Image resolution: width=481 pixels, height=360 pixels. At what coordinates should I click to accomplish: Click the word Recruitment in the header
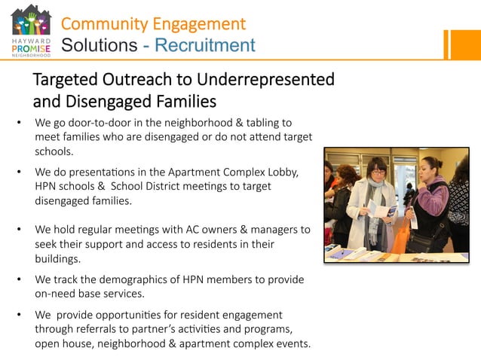click(204, 45)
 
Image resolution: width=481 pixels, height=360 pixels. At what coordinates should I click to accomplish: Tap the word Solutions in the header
click(98, 45)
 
